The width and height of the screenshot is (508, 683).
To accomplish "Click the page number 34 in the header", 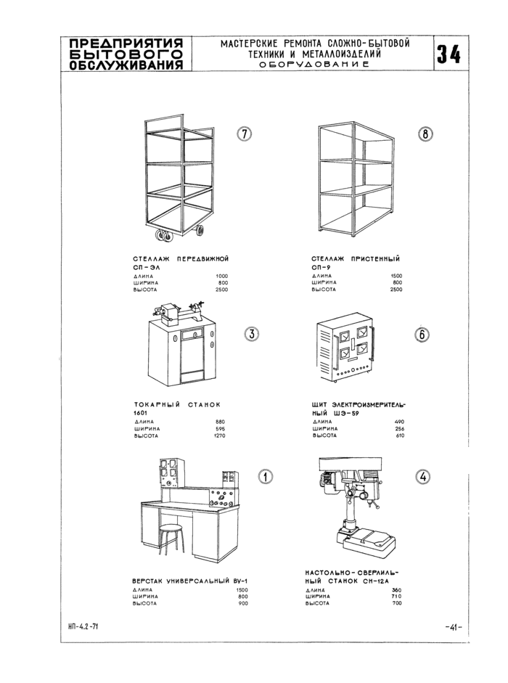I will click(x=449, y=54).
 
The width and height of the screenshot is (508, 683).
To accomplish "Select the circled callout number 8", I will click(x=425, y=134).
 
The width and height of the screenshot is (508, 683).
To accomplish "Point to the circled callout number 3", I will click(x=251, y=335).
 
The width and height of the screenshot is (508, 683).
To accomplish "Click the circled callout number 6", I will click(x=422, y=335).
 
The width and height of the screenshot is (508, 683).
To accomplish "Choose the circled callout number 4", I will click(x=422, y=477).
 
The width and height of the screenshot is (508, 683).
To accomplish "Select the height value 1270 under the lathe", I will click(x=220, y=435).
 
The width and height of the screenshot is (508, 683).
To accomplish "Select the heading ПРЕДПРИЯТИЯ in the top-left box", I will click(x=123, y=42).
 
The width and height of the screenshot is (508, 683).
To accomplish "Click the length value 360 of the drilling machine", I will click(x=396, y=589).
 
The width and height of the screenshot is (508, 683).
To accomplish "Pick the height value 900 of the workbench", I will click(x=243, y=603).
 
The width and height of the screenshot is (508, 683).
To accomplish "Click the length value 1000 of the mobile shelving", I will click(x=221, y=276).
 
